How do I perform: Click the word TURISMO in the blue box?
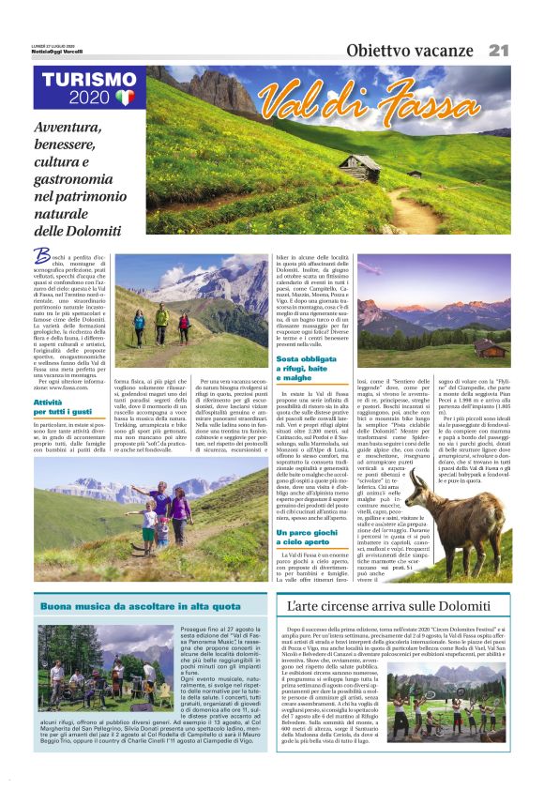(89, 81)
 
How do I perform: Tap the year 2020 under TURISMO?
(89, 99)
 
